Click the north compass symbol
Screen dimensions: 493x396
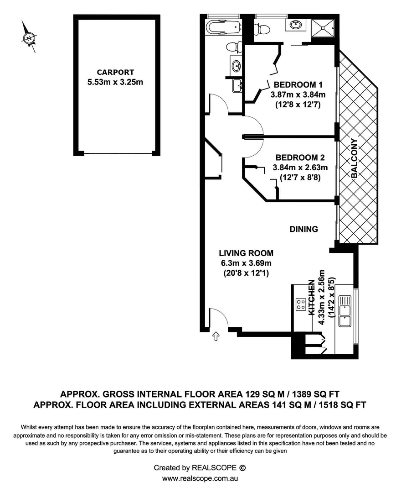tap(29, 38)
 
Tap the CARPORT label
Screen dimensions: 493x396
tap(115, 72)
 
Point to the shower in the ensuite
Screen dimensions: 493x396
tap(324, 27)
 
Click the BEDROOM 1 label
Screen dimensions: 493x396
tap(298, 84)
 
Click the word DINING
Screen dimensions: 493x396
tap(304, 229)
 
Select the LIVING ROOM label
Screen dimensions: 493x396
tap(246, 253)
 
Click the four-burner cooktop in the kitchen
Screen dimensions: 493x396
tap(300, 304)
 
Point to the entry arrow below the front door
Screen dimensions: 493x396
tap(216, 336)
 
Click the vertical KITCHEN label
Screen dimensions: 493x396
tap(312, 297)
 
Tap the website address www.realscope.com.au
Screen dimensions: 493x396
tap(201, 478)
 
